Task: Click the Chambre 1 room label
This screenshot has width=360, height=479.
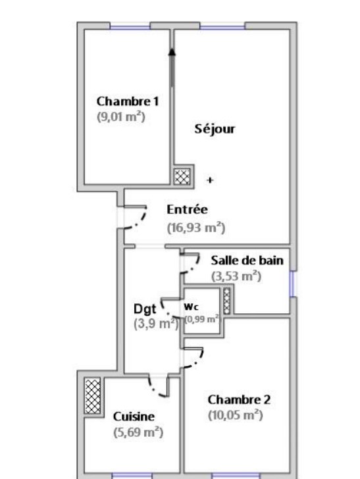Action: pos(128,101)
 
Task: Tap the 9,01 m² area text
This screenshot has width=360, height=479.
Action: pos(121,116)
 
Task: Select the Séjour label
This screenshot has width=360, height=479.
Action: pos(215,129)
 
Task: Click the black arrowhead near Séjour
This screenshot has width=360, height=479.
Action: pos(172,52)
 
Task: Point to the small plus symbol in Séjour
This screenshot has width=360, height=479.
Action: pos(210,180)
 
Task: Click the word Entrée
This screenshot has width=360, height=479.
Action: pos(187,209)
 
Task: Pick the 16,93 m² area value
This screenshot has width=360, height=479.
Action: pos(196,228)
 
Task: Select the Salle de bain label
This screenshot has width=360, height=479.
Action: pos(247,261)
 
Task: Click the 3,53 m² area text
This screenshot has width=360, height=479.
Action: pos(236,276)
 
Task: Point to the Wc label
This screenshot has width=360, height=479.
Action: pos(192,307)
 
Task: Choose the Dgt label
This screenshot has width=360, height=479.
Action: pos(145,309)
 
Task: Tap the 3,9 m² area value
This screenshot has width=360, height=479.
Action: pos(156,324)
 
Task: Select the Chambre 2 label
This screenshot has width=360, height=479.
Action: pos(239,399)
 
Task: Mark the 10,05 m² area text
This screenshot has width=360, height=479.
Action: pos(236,415)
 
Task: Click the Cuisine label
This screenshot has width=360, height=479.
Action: pos(134,416)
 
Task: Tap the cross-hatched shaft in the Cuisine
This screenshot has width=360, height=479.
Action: pos(93,396)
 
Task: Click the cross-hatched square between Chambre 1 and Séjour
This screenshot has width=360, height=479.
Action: pos(182,176)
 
